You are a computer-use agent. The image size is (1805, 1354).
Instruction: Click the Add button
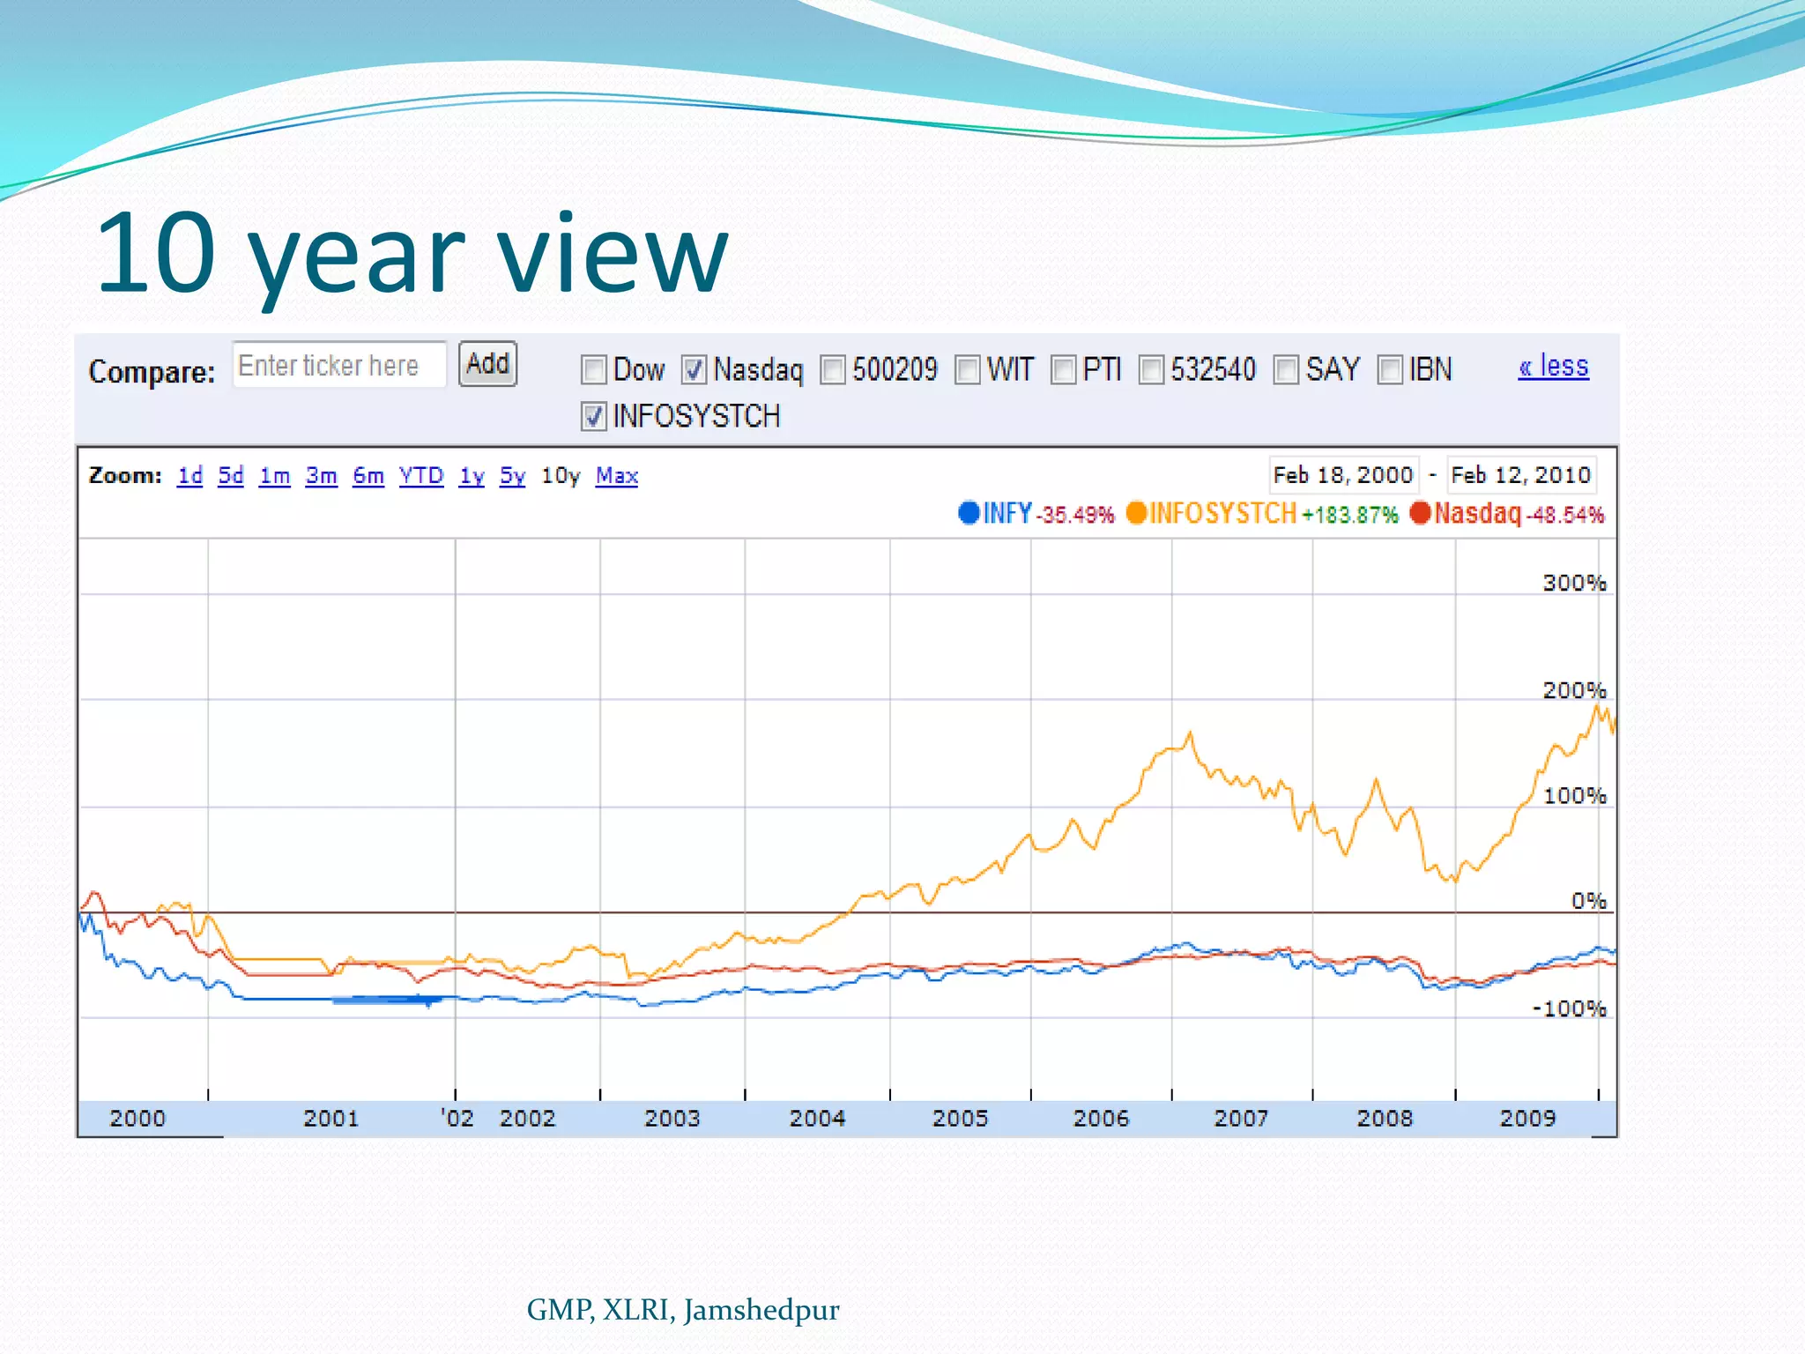[x=487, y=364]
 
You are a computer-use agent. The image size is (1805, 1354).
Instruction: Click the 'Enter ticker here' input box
[x=339, y=365]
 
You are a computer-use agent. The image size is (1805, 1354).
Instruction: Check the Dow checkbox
[x=594, y=370]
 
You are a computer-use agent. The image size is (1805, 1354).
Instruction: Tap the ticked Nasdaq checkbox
[x=695, y=370]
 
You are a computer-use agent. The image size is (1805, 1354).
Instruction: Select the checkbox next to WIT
[x=968, y=370]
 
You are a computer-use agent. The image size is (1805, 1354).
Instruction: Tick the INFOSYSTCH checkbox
[x=594, y=416]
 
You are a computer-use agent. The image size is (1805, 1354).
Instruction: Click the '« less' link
[x=1553, y=366]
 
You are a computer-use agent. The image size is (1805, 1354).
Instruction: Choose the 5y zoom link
[x=512, y=476]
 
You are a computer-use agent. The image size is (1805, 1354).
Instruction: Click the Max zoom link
[x=616, y=476]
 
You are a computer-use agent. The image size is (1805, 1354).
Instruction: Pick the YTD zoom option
[x=420, y=476]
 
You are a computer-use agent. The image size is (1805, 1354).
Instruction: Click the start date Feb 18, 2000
[x=1342, y=475]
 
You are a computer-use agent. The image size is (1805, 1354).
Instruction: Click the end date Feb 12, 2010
[x=1520, y=475]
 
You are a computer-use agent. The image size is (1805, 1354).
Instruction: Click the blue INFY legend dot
[x=969, y=512]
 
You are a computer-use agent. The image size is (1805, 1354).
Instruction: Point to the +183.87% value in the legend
[x=1350, y=515]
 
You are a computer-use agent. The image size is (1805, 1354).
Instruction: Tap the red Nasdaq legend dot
[x=1420, y=512]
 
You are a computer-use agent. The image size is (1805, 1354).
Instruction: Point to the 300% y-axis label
[x=1574, y=583]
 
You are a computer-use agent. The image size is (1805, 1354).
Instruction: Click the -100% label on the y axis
[x=1569, y=1008]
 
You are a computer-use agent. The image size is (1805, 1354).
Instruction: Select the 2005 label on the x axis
[x=960, y=1119]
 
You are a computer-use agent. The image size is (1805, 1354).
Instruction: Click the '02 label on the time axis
[x=457, y=1119]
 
